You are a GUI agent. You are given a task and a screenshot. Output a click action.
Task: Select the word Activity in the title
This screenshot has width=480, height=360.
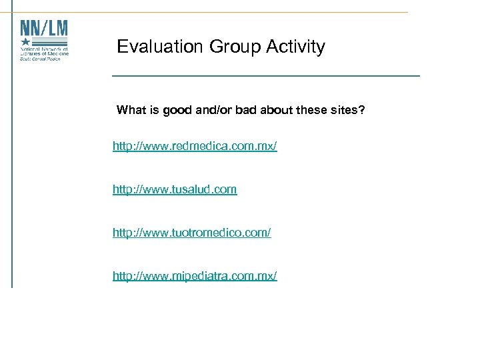coord(295,47)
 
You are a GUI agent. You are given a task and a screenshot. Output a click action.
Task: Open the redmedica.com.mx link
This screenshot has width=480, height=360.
coord(195,145)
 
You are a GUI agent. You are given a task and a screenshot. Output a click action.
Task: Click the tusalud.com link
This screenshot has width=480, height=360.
coord(175,189)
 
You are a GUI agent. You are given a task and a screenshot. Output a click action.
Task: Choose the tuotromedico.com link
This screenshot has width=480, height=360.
coord(192,233)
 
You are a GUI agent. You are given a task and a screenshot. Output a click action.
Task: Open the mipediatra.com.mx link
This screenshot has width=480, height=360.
coord(195,275)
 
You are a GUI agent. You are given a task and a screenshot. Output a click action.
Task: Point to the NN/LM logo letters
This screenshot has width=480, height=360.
coord(44,29)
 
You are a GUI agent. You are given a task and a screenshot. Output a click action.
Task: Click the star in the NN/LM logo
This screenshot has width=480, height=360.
coord(26,42)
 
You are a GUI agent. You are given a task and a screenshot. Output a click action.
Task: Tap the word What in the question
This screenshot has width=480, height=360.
coord(130,110)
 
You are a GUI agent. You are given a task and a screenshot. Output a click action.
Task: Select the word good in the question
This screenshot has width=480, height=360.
coord(177,110)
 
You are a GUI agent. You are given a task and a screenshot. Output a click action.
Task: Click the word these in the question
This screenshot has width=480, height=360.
coord(313,110)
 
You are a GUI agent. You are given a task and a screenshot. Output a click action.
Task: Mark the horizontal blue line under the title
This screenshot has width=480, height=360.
coord(266,76)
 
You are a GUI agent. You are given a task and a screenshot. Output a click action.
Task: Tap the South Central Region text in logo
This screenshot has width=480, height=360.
coord(39,59)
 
